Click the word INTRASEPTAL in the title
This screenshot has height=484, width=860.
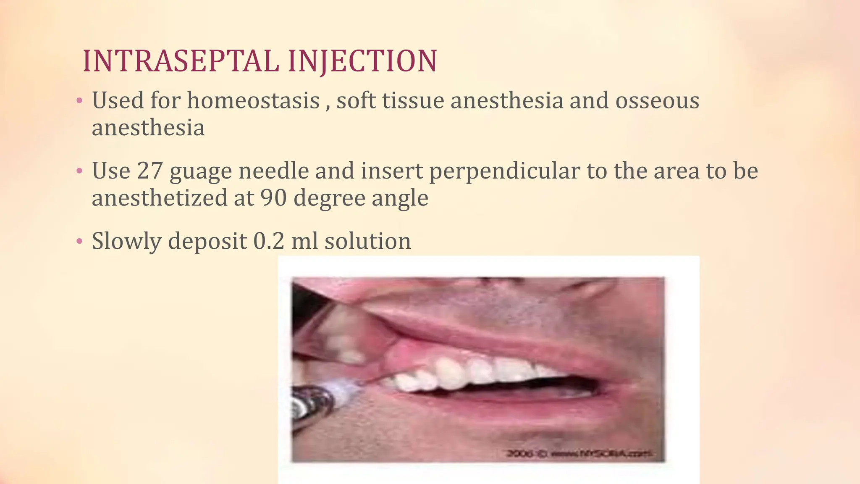pyautogui.click(x=181, y=61)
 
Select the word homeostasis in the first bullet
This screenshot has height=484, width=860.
pyautogui.click(x=253, y=101)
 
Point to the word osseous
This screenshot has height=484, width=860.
pyautogui.click(x=657, y=101)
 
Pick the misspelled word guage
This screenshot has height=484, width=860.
pyautogui.click(x=201, y=172)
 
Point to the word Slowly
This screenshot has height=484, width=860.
pyautogui.click(x=126, y=242)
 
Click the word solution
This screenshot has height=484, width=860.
pyautogui.click(x=367, y=241)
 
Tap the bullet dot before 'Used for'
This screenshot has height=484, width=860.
pyautogui.click(x=79, y=101)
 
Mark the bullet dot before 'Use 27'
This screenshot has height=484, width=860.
pyautogui.click(x=79, y=171)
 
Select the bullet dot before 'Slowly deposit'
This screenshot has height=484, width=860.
pyautogui.click(x=79, y=242)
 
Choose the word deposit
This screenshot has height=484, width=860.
pyautogui.click(x=207, y=242)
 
